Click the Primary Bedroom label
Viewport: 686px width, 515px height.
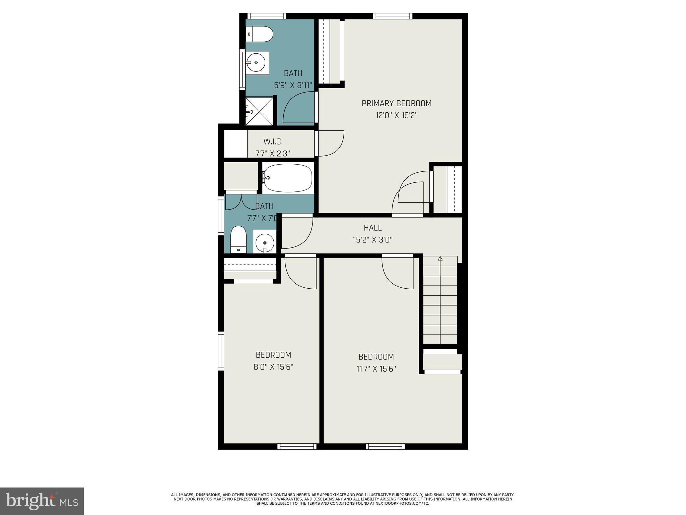point(396,103)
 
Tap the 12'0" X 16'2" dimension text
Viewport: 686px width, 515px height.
point(396,116)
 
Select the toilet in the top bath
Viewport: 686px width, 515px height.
point(260,34)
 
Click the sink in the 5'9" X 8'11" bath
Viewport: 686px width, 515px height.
point(257,63)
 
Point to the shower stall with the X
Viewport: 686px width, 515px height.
point(259,111)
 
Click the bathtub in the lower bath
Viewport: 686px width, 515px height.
point(288,178)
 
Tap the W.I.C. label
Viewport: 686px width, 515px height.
point(273,142)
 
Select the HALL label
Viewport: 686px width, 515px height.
point(372,228)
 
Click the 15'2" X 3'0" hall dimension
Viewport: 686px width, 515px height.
point(372,240)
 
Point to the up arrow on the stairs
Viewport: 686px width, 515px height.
point(440,259)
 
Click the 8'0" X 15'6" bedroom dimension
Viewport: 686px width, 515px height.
point(273,367)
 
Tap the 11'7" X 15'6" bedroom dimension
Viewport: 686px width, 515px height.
point(376,369)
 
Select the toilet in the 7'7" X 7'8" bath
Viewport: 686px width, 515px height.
point(238,239)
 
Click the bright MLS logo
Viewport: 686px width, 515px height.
point(42,501)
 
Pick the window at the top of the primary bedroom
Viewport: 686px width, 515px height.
point(393,16)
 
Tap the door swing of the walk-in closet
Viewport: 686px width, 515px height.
point(331,144)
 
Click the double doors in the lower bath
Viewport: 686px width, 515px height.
point(241,201)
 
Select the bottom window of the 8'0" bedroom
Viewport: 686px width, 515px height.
point(297,446)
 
